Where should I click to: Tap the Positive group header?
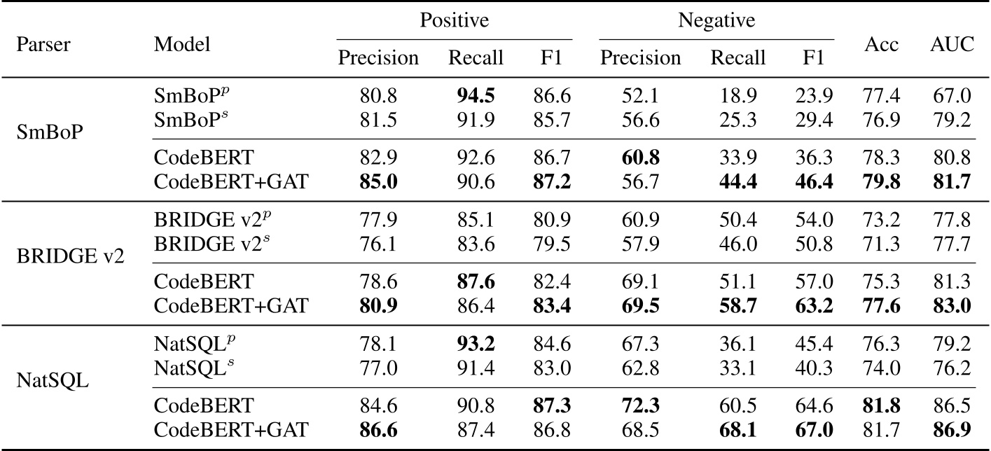[453, 21]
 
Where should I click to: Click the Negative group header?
[716, 21]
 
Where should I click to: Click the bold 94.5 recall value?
[476, 95]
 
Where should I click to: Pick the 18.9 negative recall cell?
[737, 95]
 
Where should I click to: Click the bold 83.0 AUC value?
[952, 305]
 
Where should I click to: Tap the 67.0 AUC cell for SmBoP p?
[952, 95]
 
